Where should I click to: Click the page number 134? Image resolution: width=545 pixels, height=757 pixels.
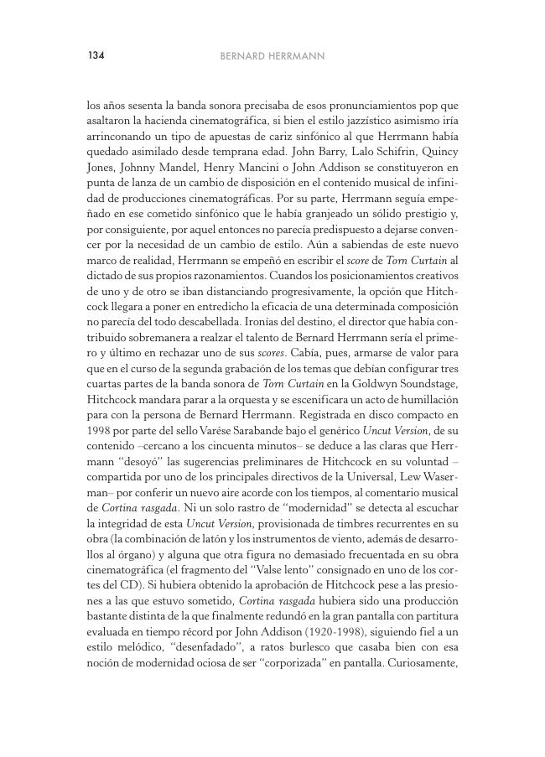[95, 56]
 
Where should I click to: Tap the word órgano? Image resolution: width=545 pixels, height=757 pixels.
[150, 529]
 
